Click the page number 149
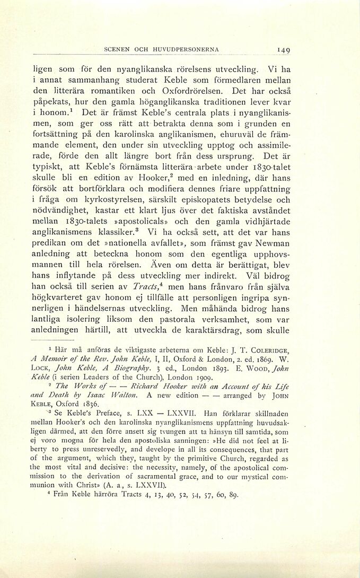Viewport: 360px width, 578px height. tap(282, 50)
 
